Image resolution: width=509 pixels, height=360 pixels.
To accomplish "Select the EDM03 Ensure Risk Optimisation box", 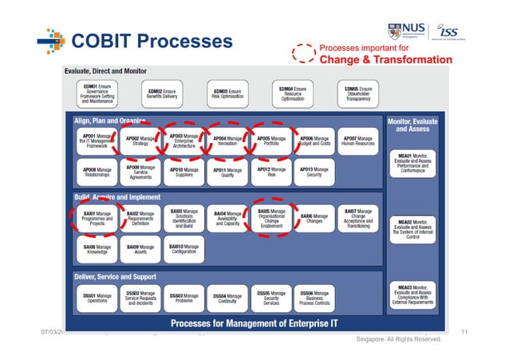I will pos(228,93).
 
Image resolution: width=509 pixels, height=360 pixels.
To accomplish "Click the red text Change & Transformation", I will pos(385,60).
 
